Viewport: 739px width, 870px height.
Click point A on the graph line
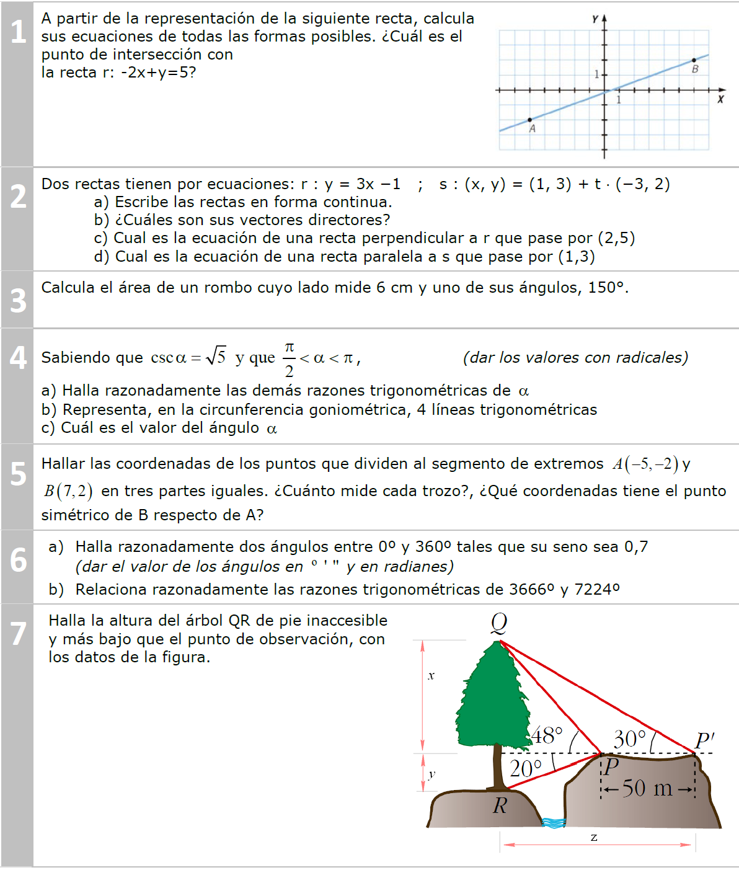click(x=529, y=120)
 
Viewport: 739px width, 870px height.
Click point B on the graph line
click(x=694, y=60)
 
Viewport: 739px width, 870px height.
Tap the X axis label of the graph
click(x=720, y=99)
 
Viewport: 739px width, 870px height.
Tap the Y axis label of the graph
click(x=595, y=19)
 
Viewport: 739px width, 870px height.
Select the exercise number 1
click(x=18, y=32)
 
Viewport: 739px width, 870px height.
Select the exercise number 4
click(x=18, y=358)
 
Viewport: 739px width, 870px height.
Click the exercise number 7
click(x=18, y=634)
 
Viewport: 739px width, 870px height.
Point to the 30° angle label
click(x=629, y=739)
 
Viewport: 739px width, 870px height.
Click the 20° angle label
click(x=526, y=769)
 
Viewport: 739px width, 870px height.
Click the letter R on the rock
click(x=500, y=806)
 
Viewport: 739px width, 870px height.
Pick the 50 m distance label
click(x=647, y=788)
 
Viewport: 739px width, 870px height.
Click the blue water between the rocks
click(x=554, y=823)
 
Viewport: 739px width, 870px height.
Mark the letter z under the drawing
click(x=594, y=838)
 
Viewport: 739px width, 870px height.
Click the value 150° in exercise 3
click(x=608, y=288)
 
